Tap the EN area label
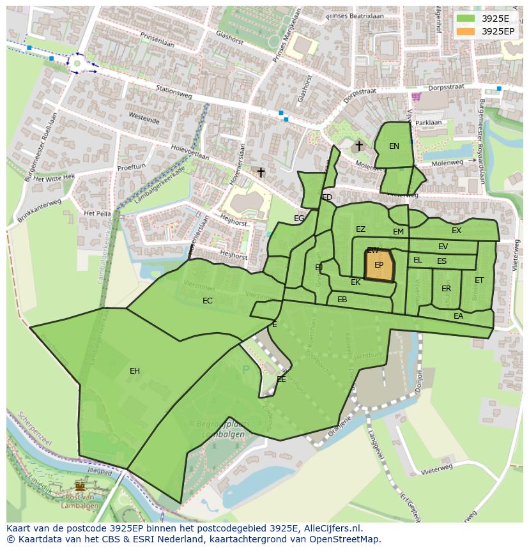coord(394,146)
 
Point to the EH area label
coord(135,371)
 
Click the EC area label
coord(208,301)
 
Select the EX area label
coord(456,231)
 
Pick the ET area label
coord(479,280)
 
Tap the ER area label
coord(446,289)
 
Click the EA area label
coord(458,316)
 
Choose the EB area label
coord(342,300)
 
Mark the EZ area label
coord(361,229)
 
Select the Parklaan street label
coord(428,123)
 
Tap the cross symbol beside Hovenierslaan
coord(261,172)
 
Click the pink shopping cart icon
coord(417,97)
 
